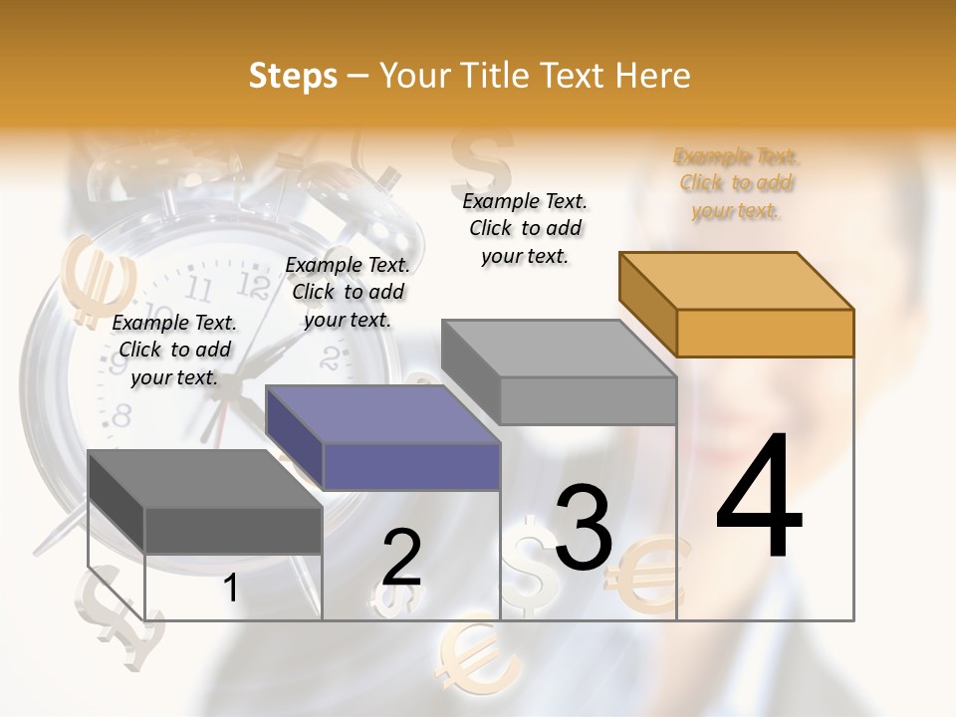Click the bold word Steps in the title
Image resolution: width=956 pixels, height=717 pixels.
pyautogui.click(x=293, y=76)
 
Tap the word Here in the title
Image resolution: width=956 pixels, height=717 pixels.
pyautogui.click(x=652, y=76)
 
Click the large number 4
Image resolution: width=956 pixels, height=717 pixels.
pyautogui.click(x=760, y=497)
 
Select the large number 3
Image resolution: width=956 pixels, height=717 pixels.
pyautogui.click(x=584, y=528)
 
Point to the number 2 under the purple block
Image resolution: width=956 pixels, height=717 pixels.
pyautogui.click(x=402, y=558)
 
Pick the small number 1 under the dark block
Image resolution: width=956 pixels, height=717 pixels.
pyautogui.click(x=231, y=589)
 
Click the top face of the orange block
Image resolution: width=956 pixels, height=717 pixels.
pyautogui.click(x=737, y=281)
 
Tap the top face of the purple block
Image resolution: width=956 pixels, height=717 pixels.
pyautogui.click(x=382, y=414)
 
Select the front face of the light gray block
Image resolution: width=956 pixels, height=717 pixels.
pyautogui.click(x=588, y=401)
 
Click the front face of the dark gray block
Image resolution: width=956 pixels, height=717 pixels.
pyautogui.click(x=233, y=530)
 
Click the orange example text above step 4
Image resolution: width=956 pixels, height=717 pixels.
pyautogui.click(x=736, y=183)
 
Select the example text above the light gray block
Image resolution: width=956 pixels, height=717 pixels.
pyautogui.click(x=525, y=228)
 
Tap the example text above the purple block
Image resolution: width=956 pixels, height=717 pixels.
pyautogui.click(x=348, y=292)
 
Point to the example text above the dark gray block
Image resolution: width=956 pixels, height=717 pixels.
pyautogui.click(x=174, y=350)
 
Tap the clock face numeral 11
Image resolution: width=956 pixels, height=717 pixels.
pyautogui.click(x=199, y=289)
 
